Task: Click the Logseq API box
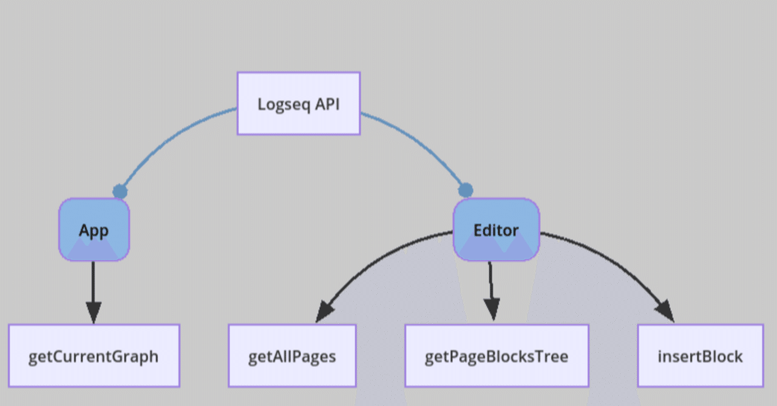pyautogui.click(x=298, y=103)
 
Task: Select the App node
pyautogui.click(x=94, y=230)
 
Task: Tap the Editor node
pyautogui.click(x=496, y=230)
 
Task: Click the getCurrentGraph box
pyautogui.click(x=93, y=356)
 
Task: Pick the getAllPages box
pyautogui.click(x=292, y=356)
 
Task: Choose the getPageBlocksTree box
pyautogui.click(x=497, y=356)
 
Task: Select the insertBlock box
pyautogui.click(x=700, y=356)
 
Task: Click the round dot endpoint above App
pyautogui.click(x=120, y=192)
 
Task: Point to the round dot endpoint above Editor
pyautogui.click(x=466, y=190)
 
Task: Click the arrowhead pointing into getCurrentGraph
pyautogui.click(x=93, y=313)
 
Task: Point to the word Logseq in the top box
pyautogui.click(x=283, y=104)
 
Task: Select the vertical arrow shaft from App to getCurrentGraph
pyautogui.click(x=93, y=282)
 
